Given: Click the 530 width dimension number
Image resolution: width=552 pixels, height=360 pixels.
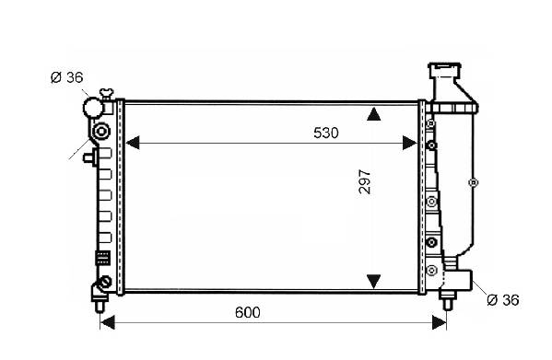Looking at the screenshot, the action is coord(326,133).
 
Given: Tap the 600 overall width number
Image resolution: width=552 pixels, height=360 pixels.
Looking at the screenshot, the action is coord(248,312).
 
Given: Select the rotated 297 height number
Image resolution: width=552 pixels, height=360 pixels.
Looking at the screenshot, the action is coord(365,181).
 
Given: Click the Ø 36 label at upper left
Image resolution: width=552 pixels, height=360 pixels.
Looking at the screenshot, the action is coord(67,77).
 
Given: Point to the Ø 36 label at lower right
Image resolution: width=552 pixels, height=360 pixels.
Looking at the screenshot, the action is coord(503,300).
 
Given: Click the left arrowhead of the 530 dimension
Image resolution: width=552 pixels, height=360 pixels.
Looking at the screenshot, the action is coord(133,143).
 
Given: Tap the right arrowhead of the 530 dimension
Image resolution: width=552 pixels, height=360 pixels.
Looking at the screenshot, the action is coord(410,143).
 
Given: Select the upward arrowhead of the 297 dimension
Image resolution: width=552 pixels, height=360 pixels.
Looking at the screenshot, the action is coord(373,114).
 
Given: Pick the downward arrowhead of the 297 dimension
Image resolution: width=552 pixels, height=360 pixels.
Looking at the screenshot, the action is coord(373,281).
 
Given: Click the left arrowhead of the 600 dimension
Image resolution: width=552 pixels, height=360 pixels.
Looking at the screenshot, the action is coord(108,322).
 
